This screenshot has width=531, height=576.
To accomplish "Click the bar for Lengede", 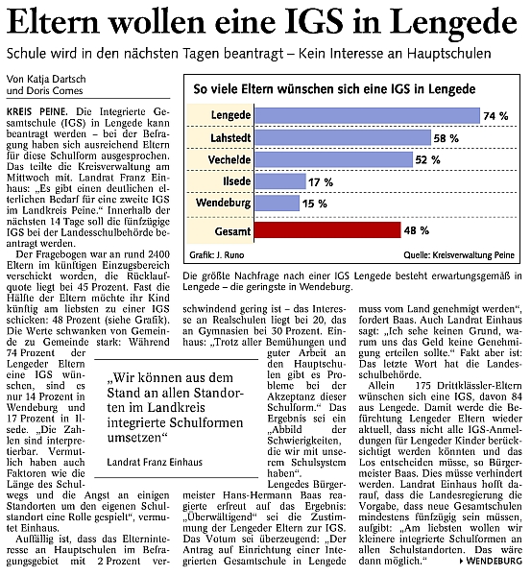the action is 367,116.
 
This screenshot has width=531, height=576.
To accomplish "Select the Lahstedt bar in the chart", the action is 343,138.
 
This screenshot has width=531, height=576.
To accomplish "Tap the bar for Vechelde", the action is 333,159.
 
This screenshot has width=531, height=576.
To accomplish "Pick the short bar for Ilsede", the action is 280,181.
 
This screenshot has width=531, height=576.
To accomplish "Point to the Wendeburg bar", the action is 278,204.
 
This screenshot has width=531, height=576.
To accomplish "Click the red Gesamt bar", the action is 327,230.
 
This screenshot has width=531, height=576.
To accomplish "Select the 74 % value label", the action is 495,116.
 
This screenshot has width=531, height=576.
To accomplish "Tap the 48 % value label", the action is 417,230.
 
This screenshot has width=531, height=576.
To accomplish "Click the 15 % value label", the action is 315,204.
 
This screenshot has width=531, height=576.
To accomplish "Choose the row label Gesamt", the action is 232,231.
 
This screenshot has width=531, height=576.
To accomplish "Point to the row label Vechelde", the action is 229,159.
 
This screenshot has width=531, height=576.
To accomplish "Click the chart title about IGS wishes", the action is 334,89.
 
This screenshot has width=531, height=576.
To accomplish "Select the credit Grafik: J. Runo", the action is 217,255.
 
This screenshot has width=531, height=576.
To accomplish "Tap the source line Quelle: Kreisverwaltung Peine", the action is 459,255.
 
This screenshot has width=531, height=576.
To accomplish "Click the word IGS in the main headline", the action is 315,22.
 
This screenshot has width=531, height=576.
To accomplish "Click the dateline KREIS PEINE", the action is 37,111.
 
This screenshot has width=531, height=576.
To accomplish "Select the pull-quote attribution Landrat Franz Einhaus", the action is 155,462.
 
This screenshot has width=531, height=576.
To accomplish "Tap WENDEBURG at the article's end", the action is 494,561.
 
